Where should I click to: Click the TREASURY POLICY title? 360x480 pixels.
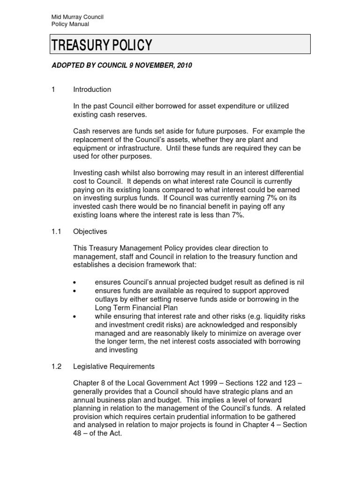(x=102, y=45)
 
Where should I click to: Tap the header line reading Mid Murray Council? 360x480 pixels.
(x=77, y=17)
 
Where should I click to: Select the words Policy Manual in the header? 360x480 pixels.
(x=70, y=24)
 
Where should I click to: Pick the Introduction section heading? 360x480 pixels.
(x=92, y=90)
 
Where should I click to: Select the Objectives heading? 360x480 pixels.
(x=90, y=232)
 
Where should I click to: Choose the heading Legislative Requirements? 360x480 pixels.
(x=114, y=366)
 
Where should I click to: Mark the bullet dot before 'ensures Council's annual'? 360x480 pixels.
(x=75, y=282)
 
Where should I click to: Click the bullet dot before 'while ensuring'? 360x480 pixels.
(x=75, y=317)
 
